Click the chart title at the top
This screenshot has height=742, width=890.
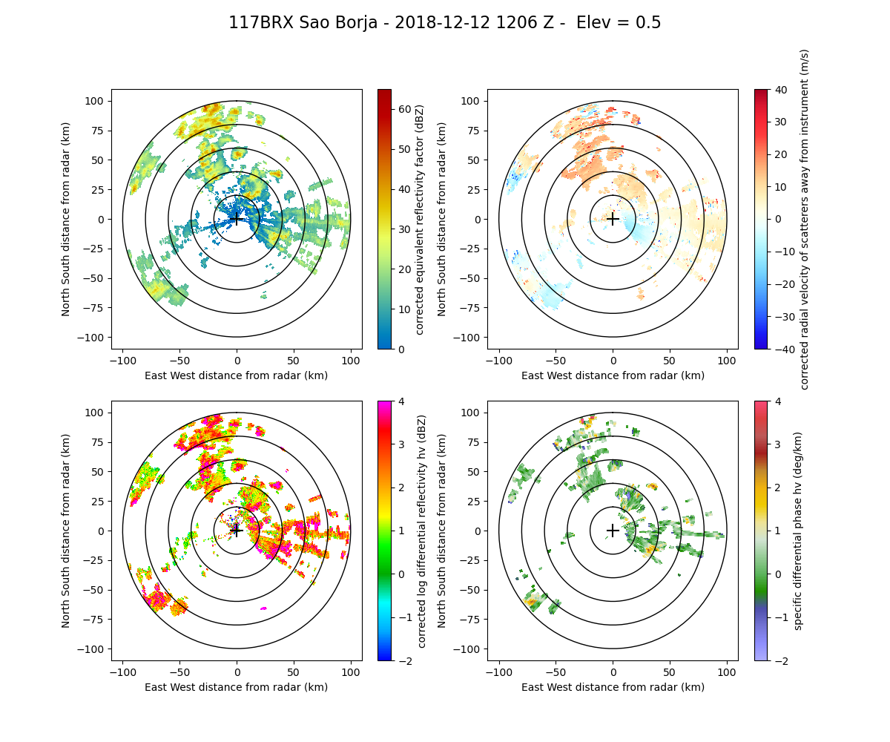[x=444, y=23]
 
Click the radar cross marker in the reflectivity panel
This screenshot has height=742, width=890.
[x=237, y=219]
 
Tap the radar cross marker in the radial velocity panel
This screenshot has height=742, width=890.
[x=613, y=219]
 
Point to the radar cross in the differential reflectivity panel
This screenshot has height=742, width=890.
[x=237, y=531]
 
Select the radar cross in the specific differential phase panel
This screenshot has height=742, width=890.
[x=613, y=531]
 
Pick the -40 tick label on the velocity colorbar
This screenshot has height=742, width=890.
[x=782, y=349]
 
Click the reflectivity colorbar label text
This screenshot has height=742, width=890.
[x=420, y=219]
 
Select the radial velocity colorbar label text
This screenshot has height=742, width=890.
[x=805, y=219]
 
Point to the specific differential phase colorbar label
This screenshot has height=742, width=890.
[x=798, y=531]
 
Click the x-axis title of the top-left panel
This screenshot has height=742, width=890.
[x=237, y=375]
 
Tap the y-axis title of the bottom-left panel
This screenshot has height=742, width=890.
[x=66, y=531]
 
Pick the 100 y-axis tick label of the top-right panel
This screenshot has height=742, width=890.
[x=472, y=101]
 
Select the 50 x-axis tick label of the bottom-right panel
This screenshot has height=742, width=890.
[x=670, y=672]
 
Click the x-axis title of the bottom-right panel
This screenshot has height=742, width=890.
[x=613, y=687]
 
